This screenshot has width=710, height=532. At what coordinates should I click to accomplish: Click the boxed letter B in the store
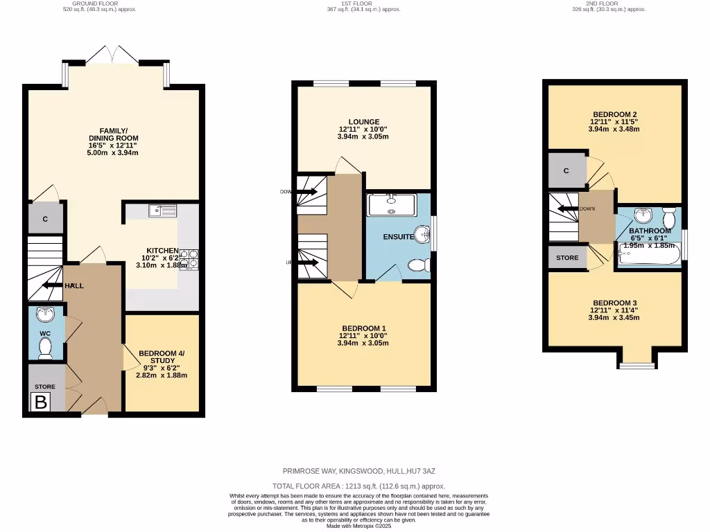click(x=41, y=402)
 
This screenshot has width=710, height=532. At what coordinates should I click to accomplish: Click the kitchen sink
click(x=163, y=209)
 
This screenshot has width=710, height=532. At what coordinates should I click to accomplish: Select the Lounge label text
click(x=363, y=122)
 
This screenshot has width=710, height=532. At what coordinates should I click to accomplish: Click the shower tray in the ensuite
click(x=392, y=205)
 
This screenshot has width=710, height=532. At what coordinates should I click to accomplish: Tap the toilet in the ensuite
click(x=419, y=265)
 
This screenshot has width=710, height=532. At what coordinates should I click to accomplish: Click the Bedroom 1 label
click(x=363, y=328)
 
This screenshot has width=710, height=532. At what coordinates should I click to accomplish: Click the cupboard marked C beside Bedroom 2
click(x=566, y=170)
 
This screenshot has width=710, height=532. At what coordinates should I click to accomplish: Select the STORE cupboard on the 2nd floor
click(x=566, y=258)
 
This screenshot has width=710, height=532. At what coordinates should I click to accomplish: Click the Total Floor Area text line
click(x=358, y=486)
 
